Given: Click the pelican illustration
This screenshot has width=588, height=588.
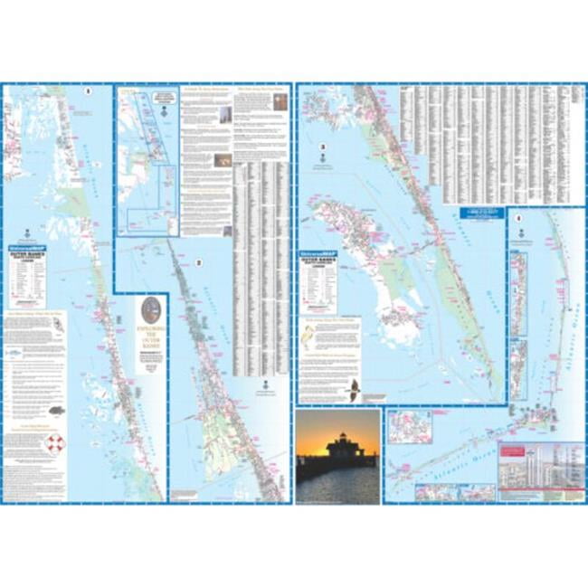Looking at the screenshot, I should tap(309, 338).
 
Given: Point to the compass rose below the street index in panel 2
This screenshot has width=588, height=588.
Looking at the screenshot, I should tap(262, 385).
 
